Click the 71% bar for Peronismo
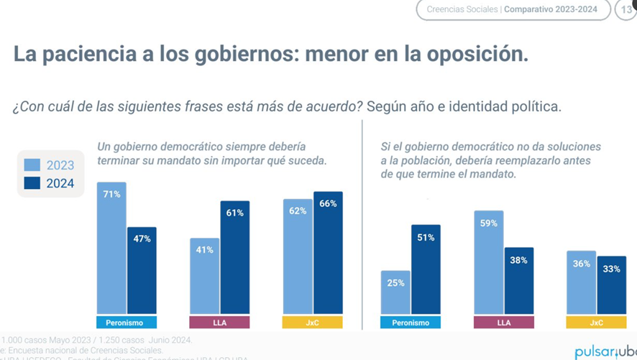pyautogui.click(x=111, y=248)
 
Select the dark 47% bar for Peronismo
pyautogui.click(x=142, y=271)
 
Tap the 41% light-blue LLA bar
pyautogui.click(x=205, y=276)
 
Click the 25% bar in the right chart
pyautogui.click(x=395, y=292)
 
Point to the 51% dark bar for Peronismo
pyautogui.click(x=426, y=269)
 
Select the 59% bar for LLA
pyautogui.click(x=489, y=262)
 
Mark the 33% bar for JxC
pyautogui.click(x=612, y=285)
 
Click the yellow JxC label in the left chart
pyautogui.click(x=312, y=323)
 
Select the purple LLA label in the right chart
pyautogui.click(x=503, y=323)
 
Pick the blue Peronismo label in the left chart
pyautogui.click(x=126, y=323)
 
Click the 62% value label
pyautogui.click(x=298, y=211)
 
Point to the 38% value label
pyautogui.click(x=519, y=260)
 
